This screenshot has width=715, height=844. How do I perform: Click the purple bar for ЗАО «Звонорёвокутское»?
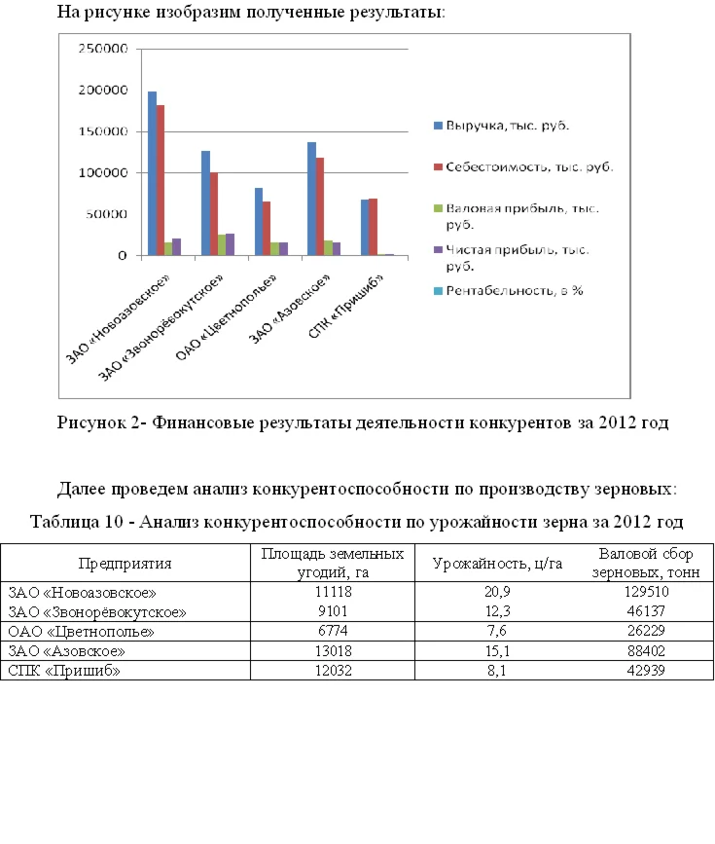click(230, 244)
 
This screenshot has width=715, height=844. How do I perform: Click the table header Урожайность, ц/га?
click(492, 563)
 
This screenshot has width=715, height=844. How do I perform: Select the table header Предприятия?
click(125, 563)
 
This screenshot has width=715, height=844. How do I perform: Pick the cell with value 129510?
click(646, 591)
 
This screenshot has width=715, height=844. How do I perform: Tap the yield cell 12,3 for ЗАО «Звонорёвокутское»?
click(492, 610)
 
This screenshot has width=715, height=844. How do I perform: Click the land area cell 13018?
click(333, 649)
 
